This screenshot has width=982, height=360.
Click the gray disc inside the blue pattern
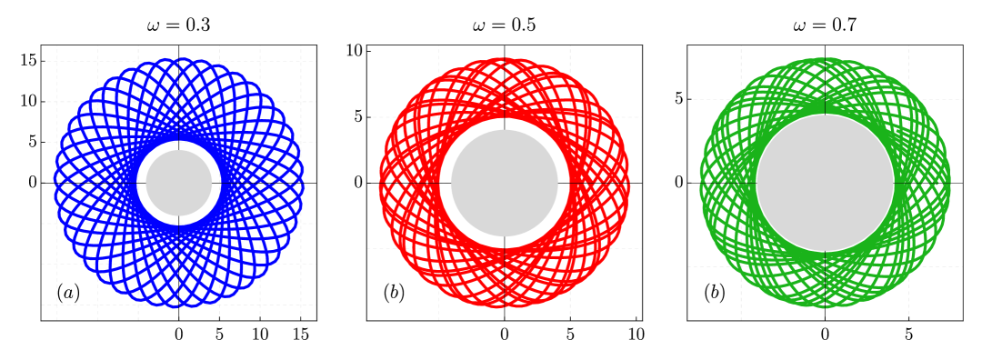[x=179, y=183]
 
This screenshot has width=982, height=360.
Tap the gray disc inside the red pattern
[x=505, y=183]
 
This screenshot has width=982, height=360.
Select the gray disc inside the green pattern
[x=825, y=183]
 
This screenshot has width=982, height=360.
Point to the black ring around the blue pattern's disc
[x=179, y=145]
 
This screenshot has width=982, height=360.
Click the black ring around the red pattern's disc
[x=505, y=124]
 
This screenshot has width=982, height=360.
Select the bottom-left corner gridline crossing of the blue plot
[x=57, y=305]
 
